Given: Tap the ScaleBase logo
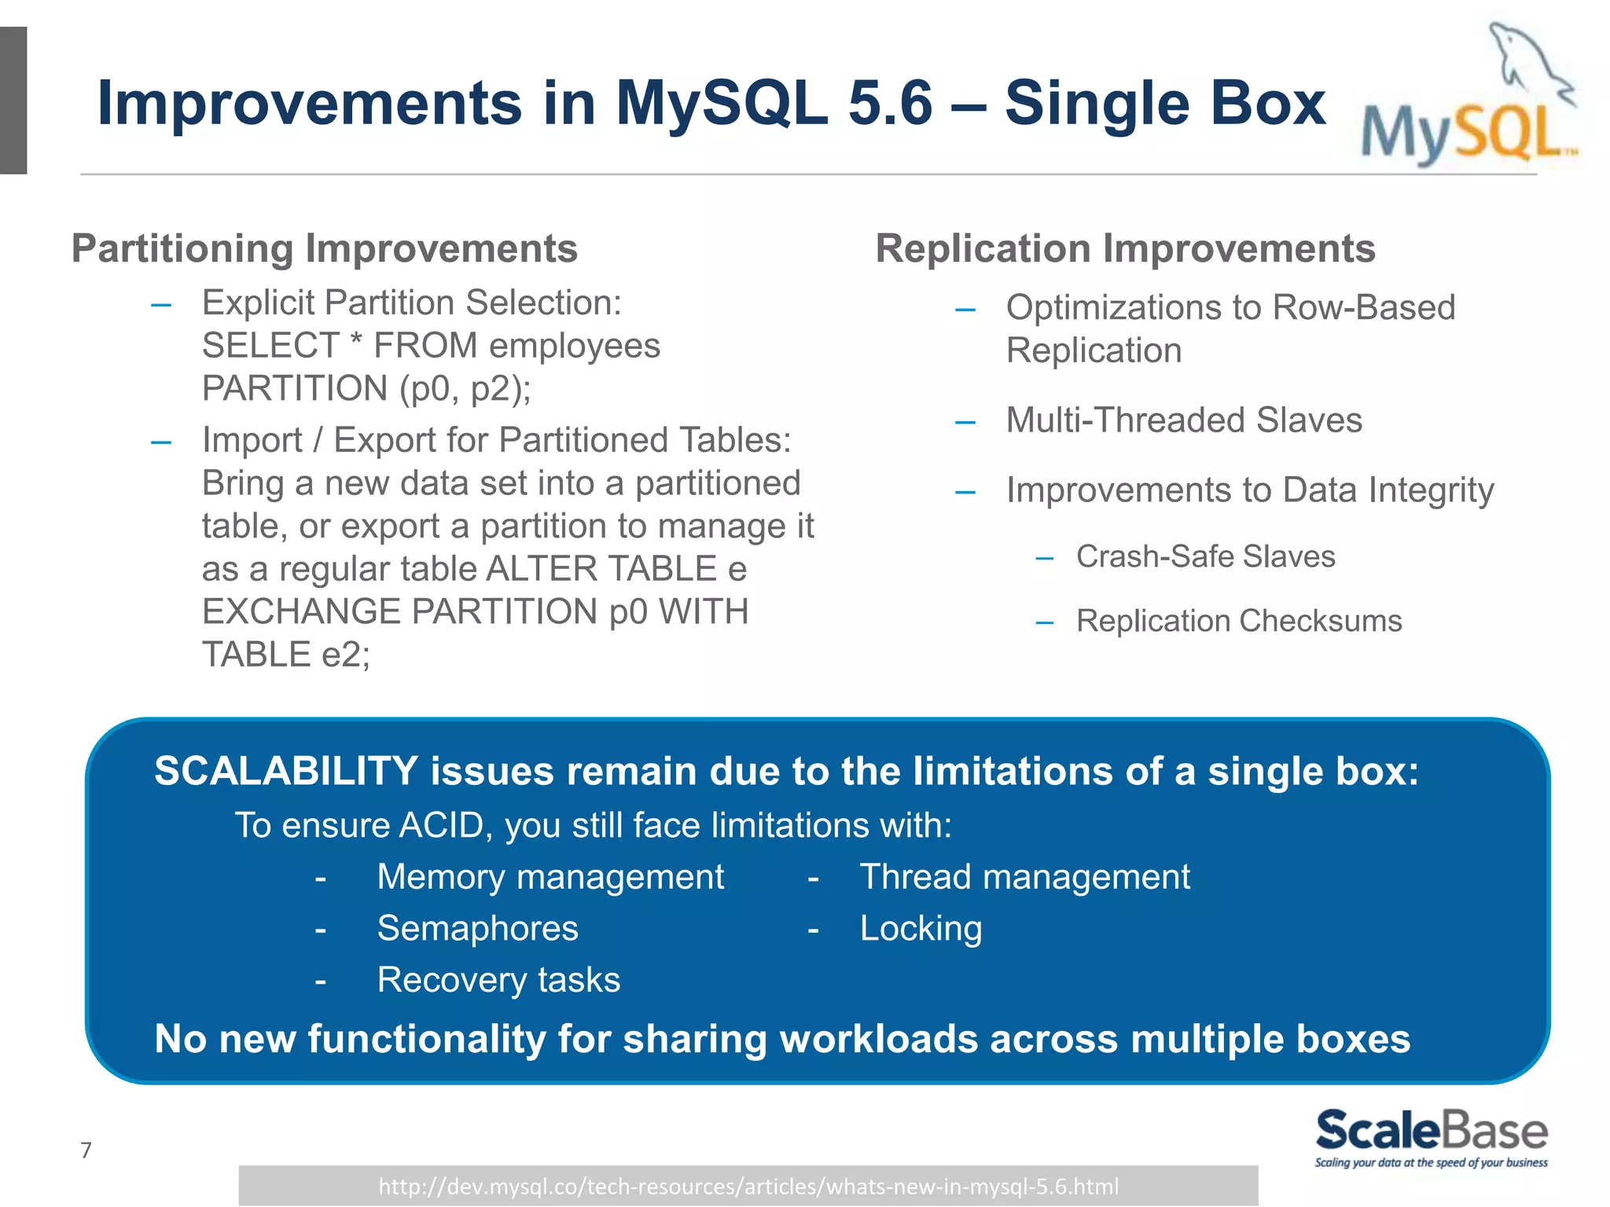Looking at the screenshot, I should [1431, 1137].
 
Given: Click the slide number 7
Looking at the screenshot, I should [86, 1150].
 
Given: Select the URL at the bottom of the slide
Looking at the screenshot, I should [748, 1186].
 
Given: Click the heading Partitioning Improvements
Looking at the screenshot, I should [324, 248].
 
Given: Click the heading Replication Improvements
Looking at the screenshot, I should [1125, 248].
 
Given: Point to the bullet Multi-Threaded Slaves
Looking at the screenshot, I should [1183, 420].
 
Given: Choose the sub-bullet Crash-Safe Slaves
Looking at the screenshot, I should [1205, 556].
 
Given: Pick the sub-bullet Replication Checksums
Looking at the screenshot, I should [1238, 621].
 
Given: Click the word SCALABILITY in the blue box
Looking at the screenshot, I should [286, 771].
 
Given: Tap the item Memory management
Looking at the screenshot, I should [550, 876].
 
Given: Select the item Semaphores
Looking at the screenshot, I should [477, 928].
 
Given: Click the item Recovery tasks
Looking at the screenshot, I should [498, 980].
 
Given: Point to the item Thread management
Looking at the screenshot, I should [1024, 876].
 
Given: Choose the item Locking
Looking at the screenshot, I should [921, 928].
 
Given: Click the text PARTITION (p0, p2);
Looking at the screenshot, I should [366, 388].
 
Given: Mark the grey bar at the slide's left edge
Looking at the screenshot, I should [13, 101].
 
